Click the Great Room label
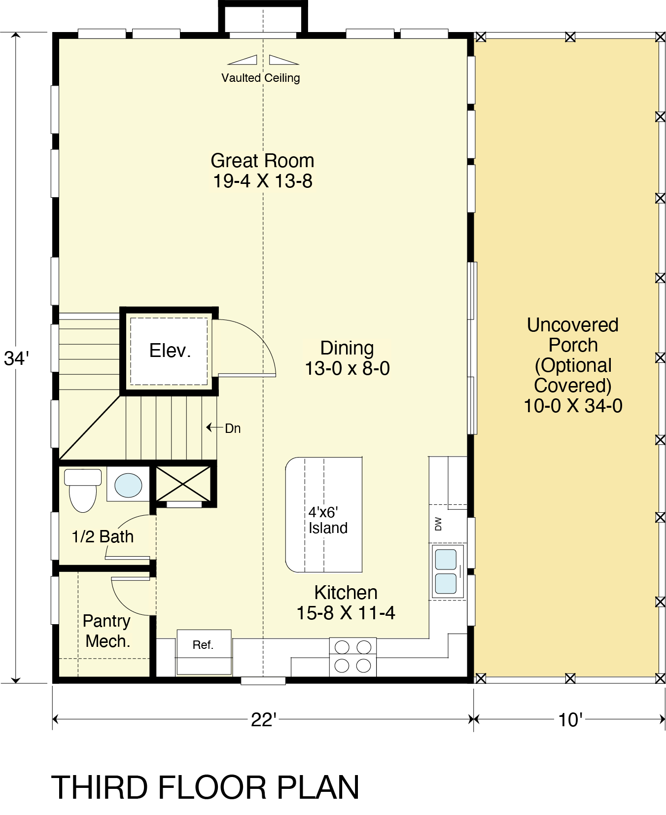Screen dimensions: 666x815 coord(262,171)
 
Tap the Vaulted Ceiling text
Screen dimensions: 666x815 coord(260,78)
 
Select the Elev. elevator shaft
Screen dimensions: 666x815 coord(169,351)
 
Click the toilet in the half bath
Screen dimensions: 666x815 coord(83,490)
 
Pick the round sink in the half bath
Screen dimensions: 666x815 coord(128,485)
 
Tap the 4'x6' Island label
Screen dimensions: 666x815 coord(328,520)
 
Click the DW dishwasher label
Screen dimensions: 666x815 coord(438,524)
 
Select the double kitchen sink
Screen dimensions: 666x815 coord(447,571)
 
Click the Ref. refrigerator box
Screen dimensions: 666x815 coord(204,652)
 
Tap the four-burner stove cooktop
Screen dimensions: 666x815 coord(352,657)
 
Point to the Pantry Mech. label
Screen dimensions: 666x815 coord(107,631)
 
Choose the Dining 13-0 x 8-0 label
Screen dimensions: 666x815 coord(347,358)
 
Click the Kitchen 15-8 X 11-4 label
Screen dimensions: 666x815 coord(346,603)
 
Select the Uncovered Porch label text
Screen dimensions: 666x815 coord(573,365)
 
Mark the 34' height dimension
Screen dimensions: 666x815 coord(16,358)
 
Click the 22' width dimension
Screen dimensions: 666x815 coord(264,720)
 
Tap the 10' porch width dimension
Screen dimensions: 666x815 coord(570,720)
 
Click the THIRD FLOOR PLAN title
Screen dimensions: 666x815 coord(205,787)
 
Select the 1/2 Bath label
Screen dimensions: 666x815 coord(103,536)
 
